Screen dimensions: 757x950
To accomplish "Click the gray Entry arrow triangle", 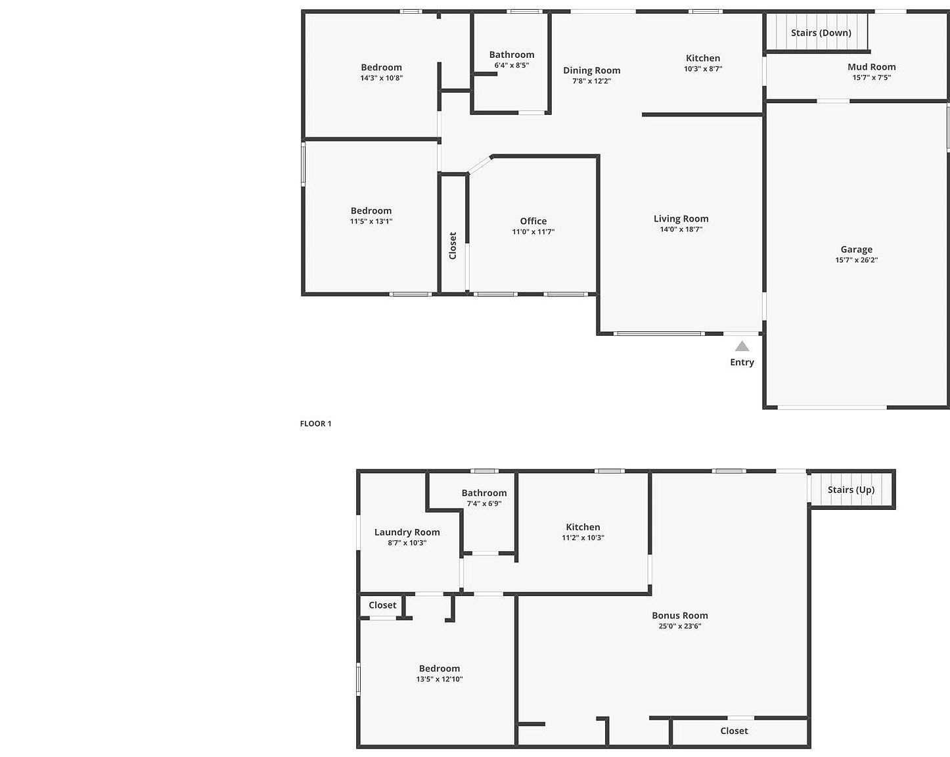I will [x=742, y=346].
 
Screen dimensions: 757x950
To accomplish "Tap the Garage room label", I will [x=857, y=250].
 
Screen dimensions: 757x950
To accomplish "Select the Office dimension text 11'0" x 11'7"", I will [x=533, y=232].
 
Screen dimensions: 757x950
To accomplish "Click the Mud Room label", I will [x=872, y=67].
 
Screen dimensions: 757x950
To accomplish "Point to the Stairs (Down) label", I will [x=821, y=33].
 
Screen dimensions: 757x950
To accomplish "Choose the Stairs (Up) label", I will [x=851, y=490].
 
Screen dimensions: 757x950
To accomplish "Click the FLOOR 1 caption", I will [x=315, y=424].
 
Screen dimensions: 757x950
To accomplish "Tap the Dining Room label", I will [x=592, y=70].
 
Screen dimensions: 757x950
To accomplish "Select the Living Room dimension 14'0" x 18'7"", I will [x=681, y=229].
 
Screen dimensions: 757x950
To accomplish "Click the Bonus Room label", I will [x=680, y=616].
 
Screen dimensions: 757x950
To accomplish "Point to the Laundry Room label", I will [x=407, y=532].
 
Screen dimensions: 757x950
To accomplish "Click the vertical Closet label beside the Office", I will [x=453, y=246].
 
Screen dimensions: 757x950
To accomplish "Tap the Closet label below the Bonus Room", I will [x=734, y=731].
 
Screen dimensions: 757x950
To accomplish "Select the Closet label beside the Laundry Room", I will [x=382, y=605].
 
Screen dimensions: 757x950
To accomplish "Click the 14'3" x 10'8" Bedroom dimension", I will [x=382, y=78].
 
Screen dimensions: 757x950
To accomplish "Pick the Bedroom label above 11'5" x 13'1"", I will [x=371, y=211].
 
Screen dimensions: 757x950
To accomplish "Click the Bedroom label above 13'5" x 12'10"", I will [x=440, y=668].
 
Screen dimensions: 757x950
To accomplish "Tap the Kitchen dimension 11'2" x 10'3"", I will [x=583, y=538].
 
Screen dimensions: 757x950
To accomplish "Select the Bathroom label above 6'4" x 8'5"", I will [x=512, y=55].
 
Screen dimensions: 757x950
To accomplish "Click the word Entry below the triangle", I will [x=742, y=363].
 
